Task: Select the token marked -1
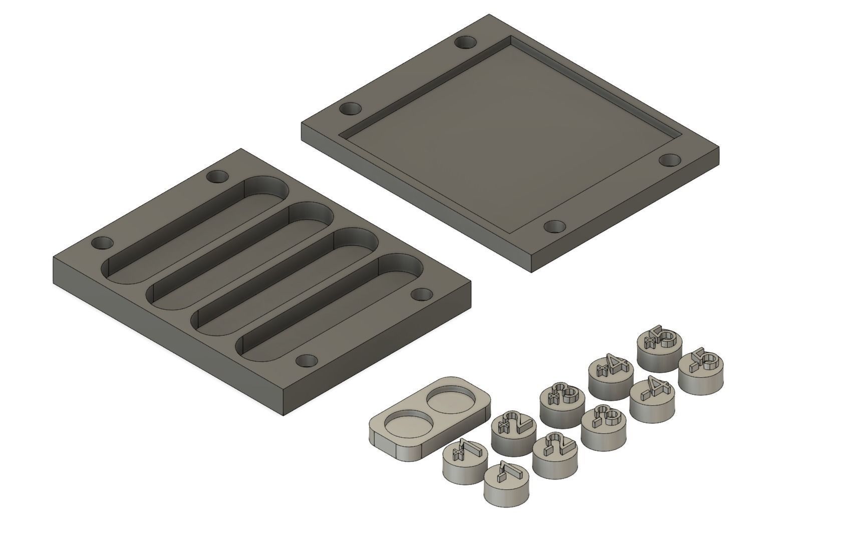[506, 481]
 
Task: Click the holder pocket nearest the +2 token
[449, 400]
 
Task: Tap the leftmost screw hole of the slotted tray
[102, 243]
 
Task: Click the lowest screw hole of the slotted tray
[307, 361]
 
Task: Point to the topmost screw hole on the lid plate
[466, 43]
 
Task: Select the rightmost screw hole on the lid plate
[670, 160]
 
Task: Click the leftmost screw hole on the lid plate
[350, 109]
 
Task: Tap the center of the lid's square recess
[511, 135]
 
